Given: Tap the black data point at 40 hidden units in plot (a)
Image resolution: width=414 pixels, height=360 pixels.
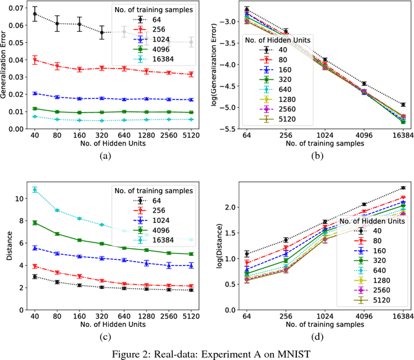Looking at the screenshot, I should [35, 14].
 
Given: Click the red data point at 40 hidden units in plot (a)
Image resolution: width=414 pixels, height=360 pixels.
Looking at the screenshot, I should [35, 60].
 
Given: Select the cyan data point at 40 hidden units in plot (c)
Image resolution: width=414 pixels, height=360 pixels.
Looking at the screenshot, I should [35, 189].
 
